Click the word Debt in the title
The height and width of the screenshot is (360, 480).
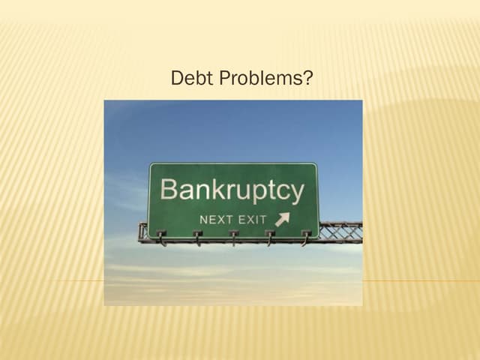[187, 77]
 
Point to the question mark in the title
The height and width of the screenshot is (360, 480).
[307, 77]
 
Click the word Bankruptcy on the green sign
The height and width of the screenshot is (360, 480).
[232, 190]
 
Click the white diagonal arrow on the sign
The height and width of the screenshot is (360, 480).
[282, 219]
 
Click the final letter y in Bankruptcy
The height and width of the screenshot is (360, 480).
[296, 193]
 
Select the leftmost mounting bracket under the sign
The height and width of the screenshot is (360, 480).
[160, 238]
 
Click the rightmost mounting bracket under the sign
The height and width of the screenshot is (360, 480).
[305, 238]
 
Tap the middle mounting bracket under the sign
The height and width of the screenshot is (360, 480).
[233, 238]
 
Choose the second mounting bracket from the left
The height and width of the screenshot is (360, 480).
[197, 238]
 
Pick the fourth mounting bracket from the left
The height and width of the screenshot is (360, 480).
[269, 238]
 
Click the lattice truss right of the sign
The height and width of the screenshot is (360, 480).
[341, 230]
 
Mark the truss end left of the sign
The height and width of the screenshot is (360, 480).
[143, 232]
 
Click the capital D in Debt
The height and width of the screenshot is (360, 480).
[178, 77]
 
